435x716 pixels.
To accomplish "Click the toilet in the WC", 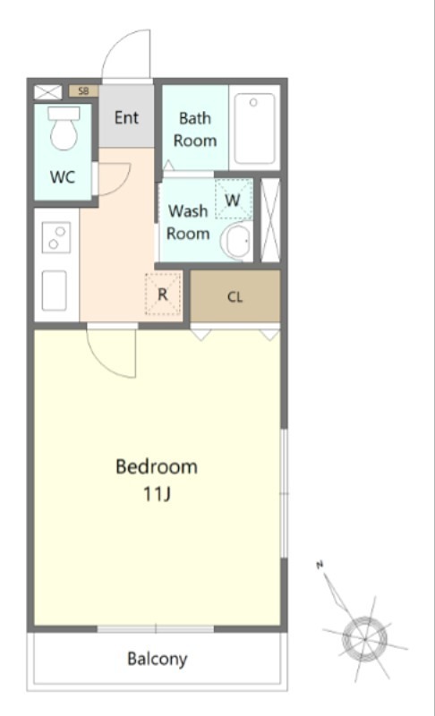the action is (64, 128).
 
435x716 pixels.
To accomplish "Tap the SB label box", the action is (83, 91).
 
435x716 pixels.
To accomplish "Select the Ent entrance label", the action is (126, 117).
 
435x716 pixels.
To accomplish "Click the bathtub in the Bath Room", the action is (255, 128).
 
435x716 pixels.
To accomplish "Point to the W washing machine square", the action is (234, 200).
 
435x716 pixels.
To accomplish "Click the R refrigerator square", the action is (163, 294).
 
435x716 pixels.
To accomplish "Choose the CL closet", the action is (235, 296).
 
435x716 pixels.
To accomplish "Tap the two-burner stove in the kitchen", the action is (56, 237).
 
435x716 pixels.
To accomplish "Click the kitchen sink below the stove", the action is (55, 291).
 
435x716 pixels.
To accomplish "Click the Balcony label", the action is (157, 660).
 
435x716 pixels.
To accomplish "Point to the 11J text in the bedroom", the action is (158, 494).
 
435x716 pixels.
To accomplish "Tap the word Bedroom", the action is (157, 466).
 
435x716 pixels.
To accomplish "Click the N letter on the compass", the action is (320, 566).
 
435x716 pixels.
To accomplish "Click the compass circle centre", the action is (365, 639).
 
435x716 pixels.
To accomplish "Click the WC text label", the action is (63, 176).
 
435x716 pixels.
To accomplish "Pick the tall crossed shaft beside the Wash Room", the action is (270, 220).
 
